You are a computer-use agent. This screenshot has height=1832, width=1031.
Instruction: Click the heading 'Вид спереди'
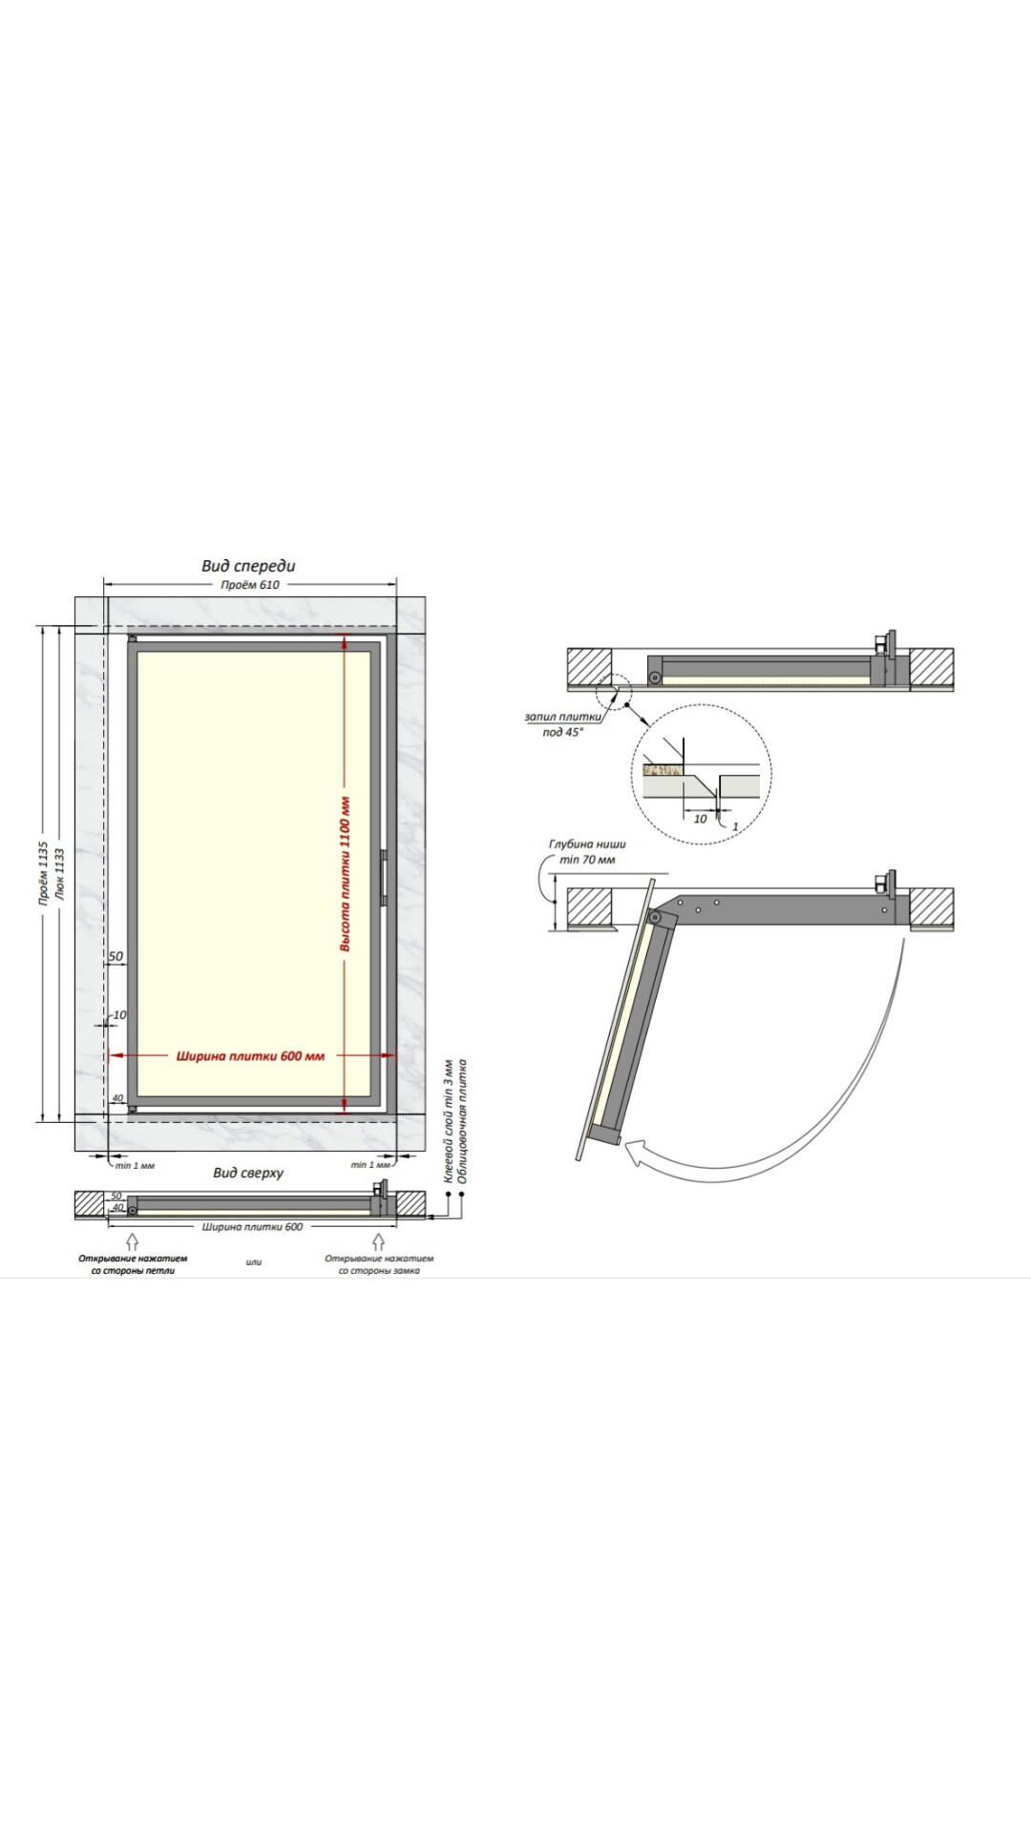click(248, 566)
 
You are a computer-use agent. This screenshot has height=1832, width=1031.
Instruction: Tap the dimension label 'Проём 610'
click(250, 585)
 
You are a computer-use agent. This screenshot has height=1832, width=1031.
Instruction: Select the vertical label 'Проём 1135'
click(43, 873)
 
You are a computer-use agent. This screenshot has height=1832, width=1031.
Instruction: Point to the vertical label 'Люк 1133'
click(60, 874)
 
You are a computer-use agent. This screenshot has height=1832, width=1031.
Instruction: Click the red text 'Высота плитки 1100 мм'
click(346, 874)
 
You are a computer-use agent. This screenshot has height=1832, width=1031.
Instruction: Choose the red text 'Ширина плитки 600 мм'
click(250, 1056)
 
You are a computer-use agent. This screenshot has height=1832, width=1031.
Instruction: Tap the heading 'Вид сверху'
click(248, 1173)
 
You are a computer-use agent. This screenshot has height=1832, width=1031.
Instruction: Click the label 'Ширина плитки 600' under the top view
click(253, 1227)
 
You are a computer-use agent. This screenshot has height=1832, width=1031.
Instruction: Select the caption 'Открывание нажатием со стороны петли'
click(133, 1264)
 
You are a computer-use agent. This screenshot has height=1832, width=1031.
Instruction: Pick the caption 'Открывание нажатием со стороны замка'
click(379, 1264)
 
